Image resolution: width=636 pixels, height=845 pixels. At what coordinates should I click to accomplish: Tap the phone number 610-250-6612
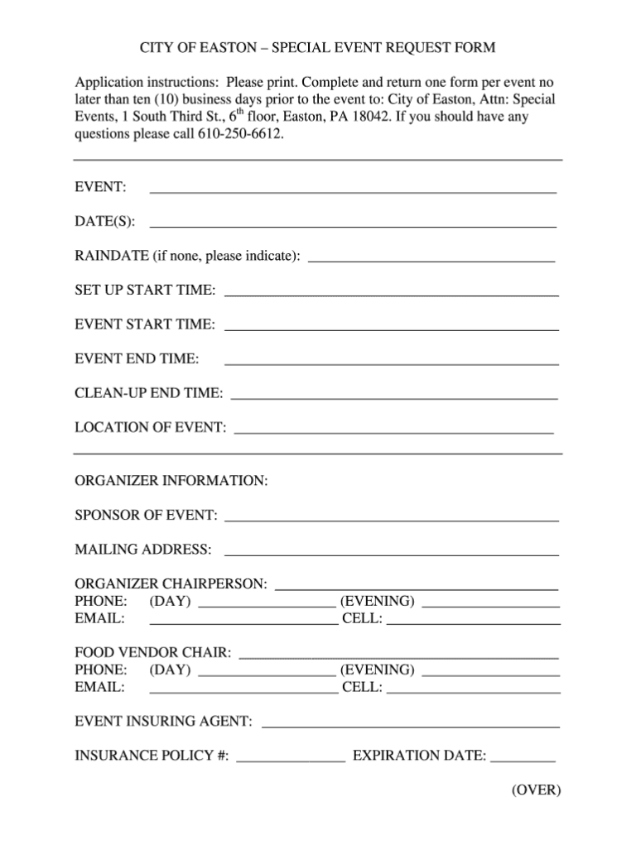pos(241,134)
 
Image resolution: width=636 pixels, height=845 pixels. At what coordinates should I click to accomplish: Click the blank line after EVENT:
pos(352,190)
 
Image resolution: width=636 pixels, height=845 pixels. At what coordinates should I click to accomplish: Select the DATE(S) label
pos(106,221)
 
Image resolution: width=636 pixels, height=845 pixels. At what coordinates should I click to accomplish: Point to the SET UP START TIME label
pos(146,290)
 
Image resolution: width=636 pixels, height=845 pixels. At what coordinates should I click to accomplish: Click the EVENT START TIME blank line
pos(392,328)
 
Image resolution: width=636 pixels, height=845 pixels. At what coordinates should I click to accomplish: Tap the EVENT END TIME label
pos(137,358)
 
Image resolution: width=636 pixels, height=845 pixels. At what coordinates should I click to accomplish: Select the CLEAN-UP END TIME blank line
pos(394,396)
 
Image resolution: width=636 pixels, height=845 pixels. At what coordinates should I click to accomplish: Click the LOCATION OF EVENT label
pos(150,427)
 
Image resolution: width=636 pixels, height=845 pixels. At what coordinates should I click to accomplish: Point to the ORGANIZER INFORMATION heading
pos(171,481)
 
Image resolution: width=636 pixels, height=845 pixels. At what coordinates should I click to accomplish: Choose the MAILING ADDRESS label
pos(142,550)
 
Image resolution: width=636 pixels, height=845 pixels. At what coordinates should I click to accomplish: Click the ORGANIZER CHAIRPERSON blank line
pos(417,587)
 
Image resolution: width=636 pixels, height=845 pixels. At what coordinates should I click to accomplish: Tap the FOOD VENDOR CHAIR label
pos(153,654)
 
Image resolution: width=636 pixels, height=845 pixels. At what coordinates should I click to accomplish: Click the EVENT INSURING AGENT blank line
pos(411,725)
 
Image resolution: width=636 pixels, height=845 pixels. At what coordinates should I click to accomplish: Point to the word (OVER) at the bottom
pos(536,790)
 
